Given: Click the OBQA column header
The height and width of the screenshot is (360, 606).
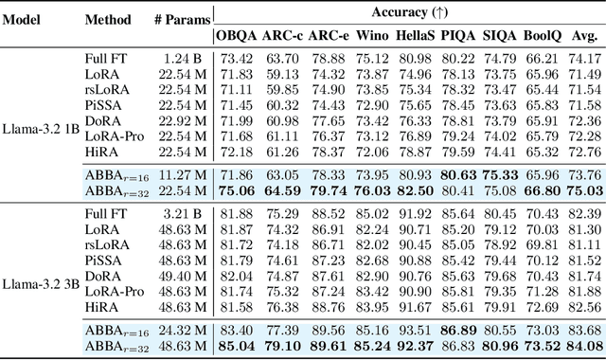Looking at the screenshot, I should point(237,36).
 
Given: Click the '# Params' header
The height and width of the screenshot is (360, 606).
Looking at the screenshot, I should point(174,20).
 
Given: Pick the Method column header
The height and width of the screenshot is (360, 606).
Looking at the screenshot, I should point(108,20).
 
